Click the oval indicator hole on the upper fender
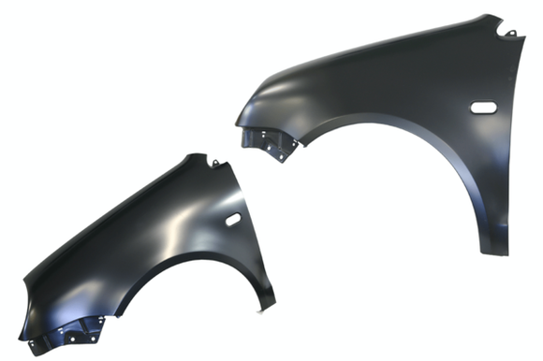[x=483, y=107]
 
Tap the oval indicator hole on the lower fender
[x=232, y=219]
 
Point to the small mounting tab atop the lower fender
[x=214, y=165]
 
